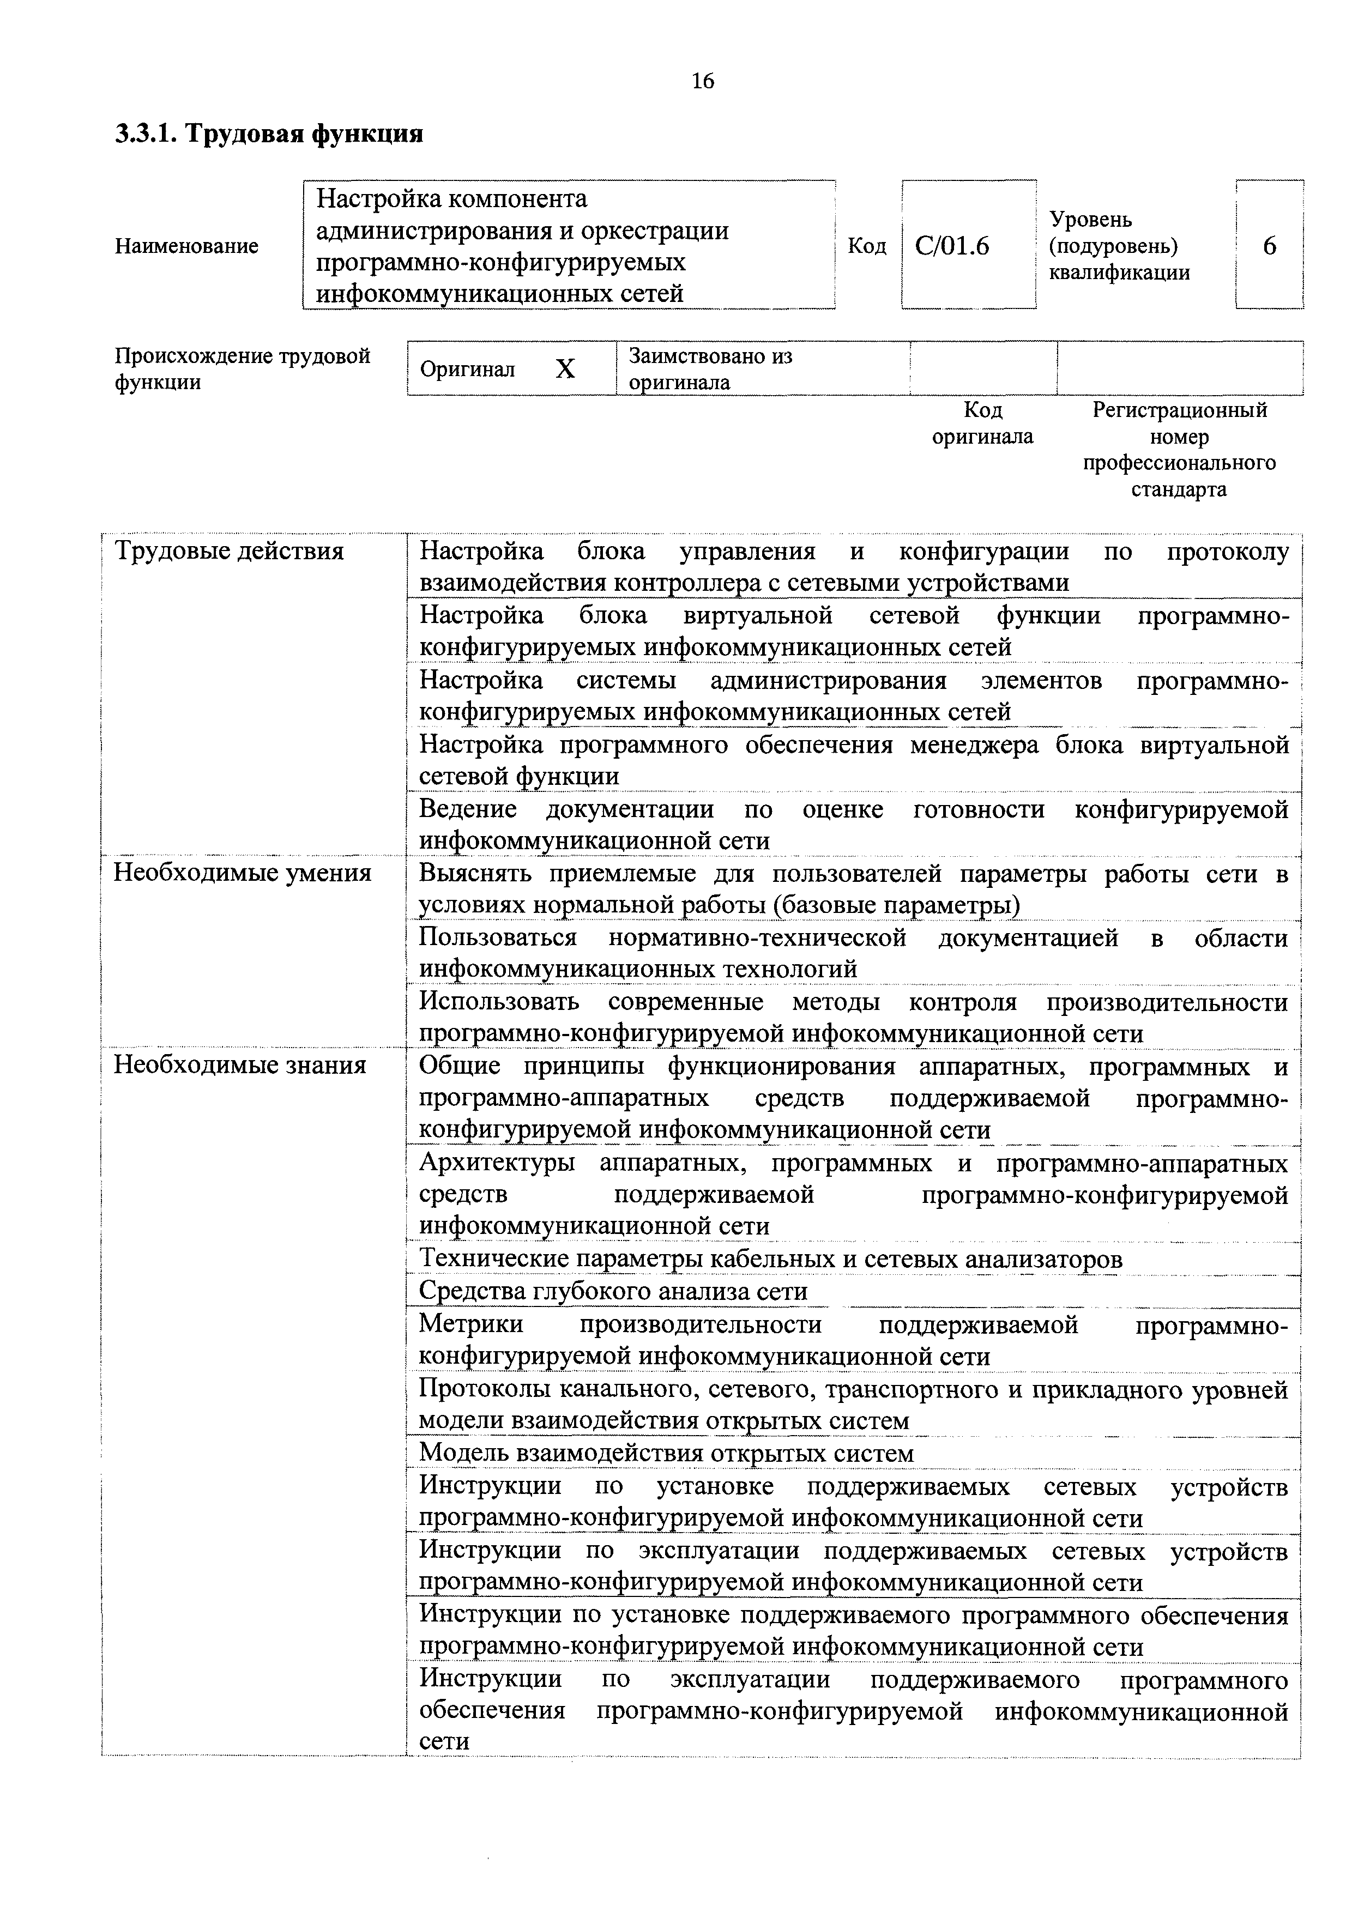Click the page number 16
click(702, 81)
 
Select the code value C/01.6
click(952, 246)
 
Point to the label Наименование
click(186, 246)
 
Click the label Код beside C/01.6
click(866, 246)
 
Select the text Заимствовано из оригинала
click(710, 369)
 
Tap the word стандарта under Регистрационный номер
click(1179, 489)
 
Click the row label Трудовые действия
click(229, 551)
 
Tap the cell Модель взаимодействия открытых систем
click(666, 1453)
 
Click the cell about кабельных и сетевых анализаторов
click(770, 1259)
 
